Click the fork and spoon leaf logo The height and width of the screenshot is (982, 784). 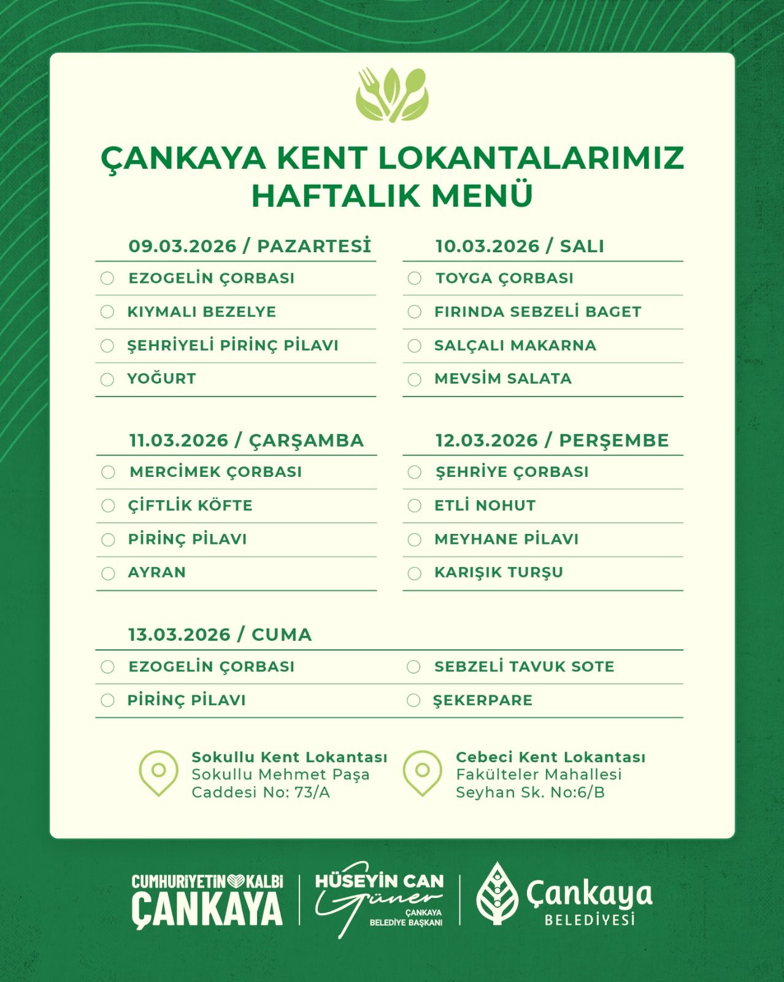click(x=392, y=95)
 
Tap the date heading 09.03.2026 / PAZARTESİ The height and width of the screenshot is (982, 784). click(x=250, y=246)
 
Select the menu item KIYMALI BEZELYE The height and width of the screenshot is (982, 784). click(x=202, y=312)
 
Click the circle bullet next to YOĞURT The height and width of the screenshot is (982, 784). click(x=107, y=379)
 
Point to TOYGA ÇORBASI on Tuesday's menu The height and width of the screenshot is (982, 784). click(x=504, y=278)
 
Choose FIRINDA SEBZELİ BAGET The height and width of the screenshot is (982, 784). click(x=537, y=312)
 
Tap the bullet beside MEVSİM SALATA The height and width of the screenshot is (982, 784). click(x=415, y=379)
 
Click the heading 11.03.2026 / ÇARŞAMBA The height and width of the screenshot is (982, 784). click(x=246, y=440)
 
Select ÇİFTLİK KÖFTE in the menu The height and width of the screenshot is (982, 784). click(x=190, y=506)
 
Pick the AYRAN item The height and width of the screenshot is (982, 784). click(x=156, y=573)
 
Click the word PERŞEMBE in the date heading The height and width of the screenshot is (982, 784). click(x=613, y=440)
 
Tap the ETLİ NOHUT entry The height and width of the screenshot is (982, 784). click(x=485, y=506)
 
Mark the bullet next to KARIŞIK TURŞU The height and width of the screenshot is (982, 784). click(x=415, y=573)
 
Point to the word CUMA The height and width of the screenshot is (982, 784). click(x=282, y=635)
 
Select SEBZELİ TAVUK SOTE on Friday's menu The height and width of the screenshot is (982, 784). click(x=524, y=667)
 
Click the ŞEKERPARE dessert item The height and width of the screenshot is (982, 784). click(x=483, y=700)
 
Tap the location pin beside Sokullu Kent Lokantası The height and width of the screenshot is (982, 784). click(x=158, y=772)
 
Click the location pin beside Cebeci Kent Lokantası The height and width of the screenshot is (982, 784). click(x=422, y=772)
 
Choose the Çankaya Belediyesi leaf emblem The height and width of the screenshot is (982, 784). click(x=497, y=894)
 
